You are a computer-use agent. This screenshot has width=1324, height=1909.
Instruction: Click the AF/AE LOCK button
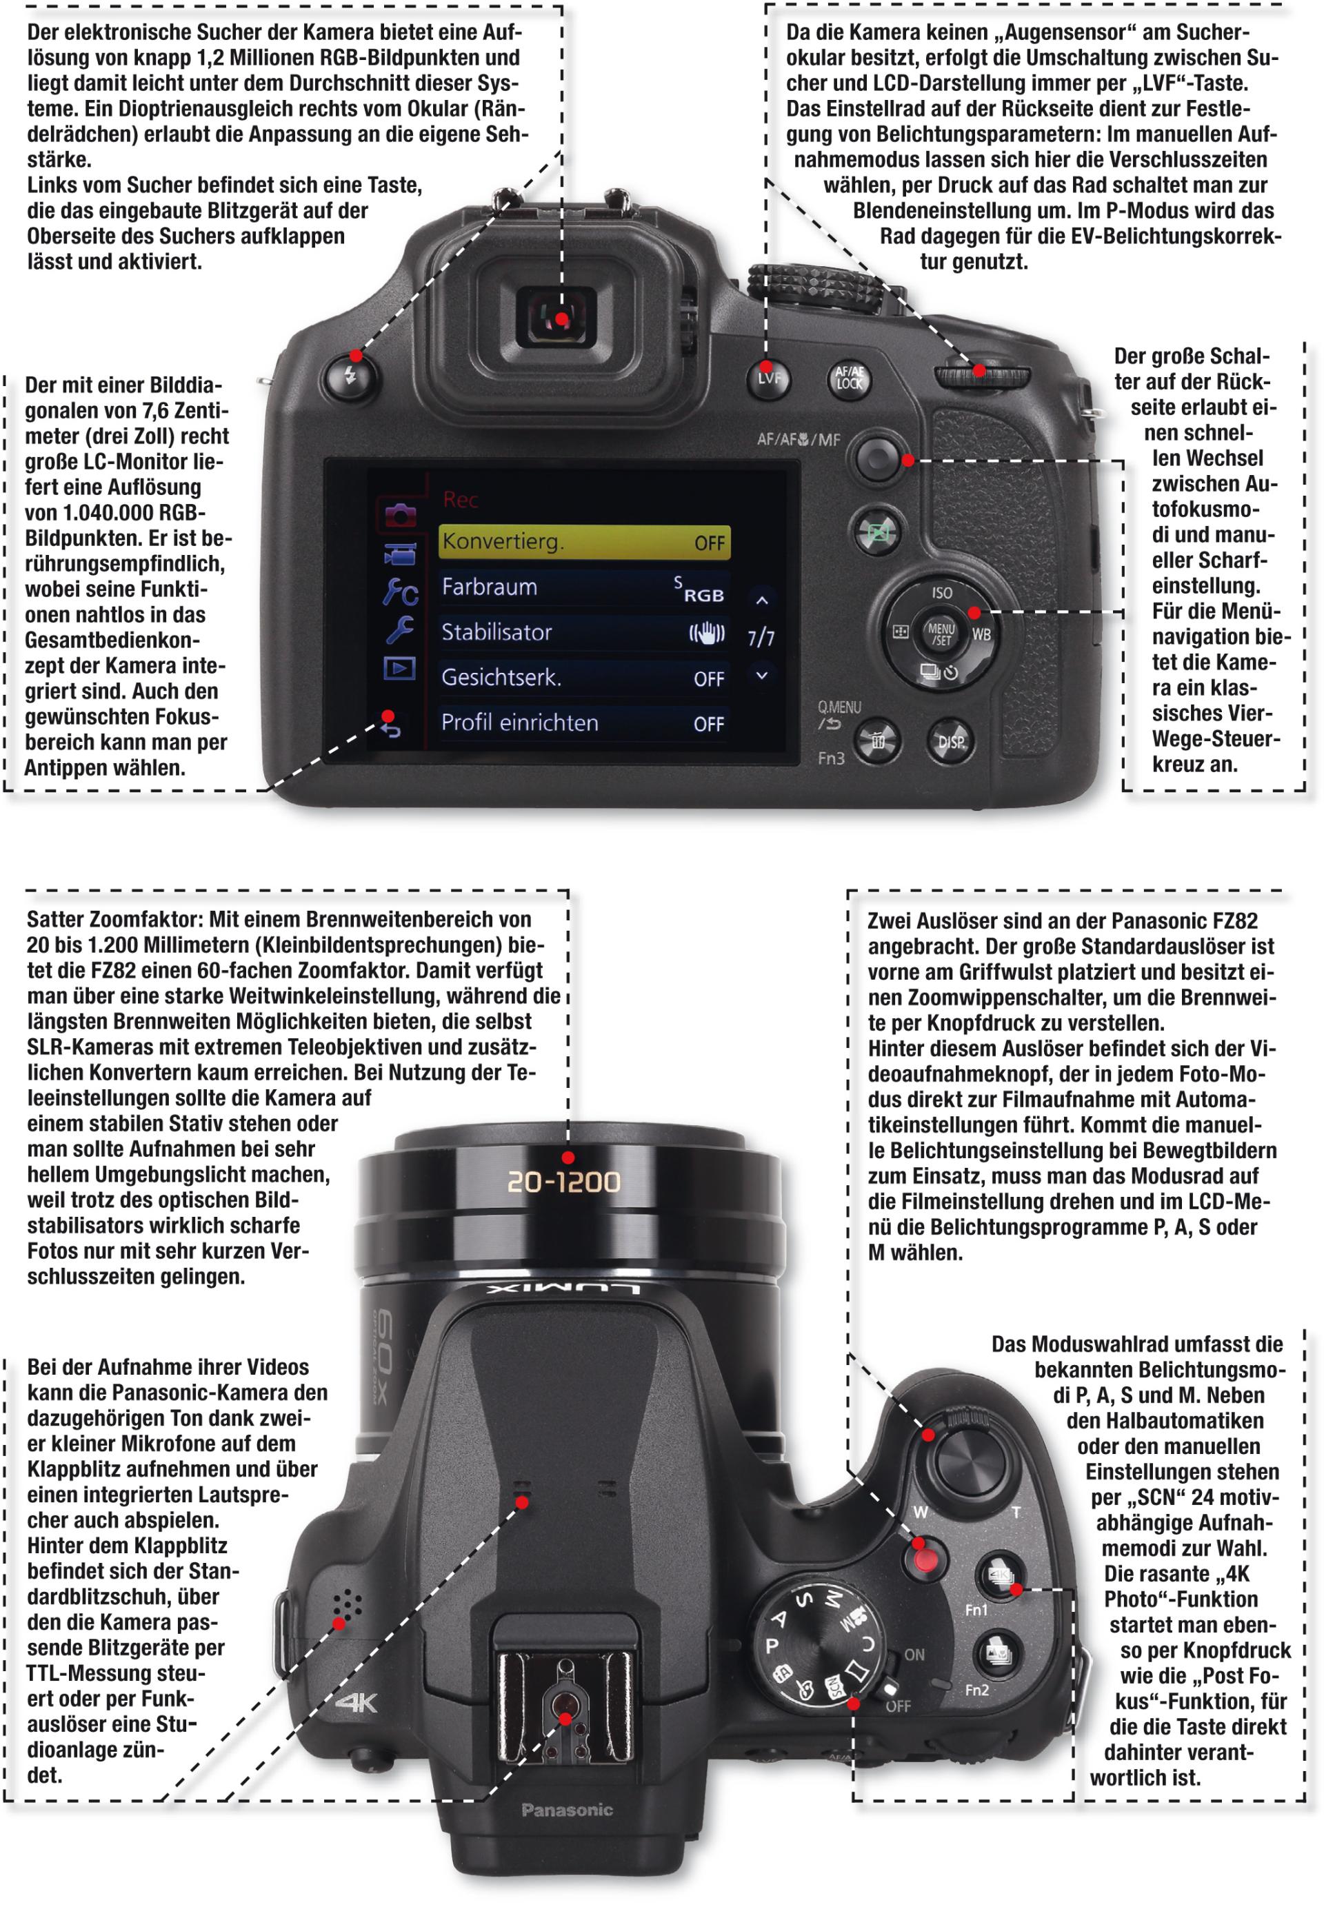(850, 379)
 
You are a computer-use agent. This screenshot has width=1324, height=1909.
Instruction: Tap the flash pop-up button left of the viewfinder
(351, 376)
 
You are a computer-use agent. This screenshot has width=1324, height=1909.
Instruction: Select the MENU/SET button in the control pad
(941, 634)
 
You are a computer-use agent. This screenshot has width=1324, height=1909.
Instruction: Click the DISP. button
(952, 741)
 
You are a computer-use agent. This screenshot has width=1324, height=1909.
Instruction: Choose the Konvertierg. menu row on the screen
(584, 541)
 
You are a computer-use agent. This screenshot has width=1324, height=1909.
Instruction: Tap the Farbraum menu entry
(584, 587)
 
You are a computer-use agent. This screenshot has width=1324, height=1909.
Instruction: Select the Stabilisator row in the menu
(584, 632)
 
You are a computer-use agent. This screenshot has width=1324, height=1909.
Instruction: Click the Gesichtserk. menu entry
(584, 678)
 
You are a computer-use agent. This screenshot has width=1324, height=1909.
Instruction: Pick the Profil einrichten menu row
(584, 723)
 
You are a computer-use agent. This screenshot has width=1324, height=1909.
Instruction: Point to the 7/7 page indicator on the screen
(761, 637)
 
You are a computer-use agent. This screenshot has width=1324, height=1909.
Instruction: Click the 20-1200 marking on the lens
(563, 1182)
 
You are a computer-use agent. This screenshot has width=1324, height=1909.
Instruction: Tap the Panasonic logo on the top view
(567, 1810)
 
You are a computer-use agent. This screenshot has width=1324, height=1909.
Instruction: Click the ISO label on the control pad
(941, 593)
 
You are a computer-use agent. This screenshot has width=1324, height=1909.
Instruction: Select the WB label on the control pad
(981, 635)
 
